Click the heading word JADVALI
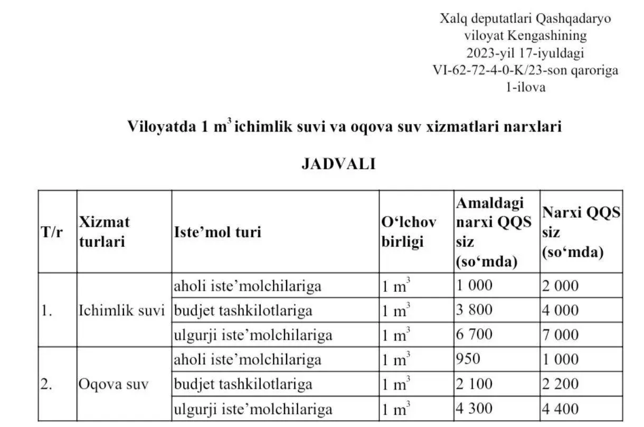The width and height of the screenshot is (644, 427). [338, 164]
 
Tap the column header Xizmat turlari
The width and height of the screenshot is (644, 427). [104, 231]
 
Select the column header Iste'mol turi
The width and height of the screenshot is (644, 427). [217, 231]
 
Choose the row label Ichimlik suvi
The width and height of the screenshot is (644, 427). [122, 310]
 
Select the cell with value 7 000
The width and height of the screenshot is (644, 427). [560, 335]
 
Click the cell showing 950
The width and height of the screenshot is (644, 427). [468, 359]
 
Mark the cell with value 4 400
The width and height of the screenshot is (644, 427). [560, 409]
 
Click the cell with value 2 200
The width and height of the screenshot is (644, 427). [560, 384]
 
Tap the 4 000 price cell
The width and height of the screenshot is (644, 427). [560, 310]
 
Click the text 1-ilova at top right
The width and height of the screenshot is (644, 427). [525, 87]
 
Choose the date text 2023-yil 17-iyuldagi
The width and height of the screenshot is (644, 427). [525, 53]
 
